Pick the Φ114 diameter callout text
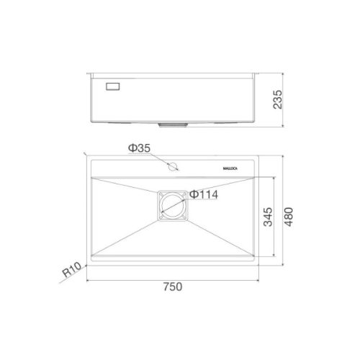click(204, 194)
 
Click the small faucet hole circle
click(172, 167)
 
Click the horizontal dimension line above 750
click(172, 279)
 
